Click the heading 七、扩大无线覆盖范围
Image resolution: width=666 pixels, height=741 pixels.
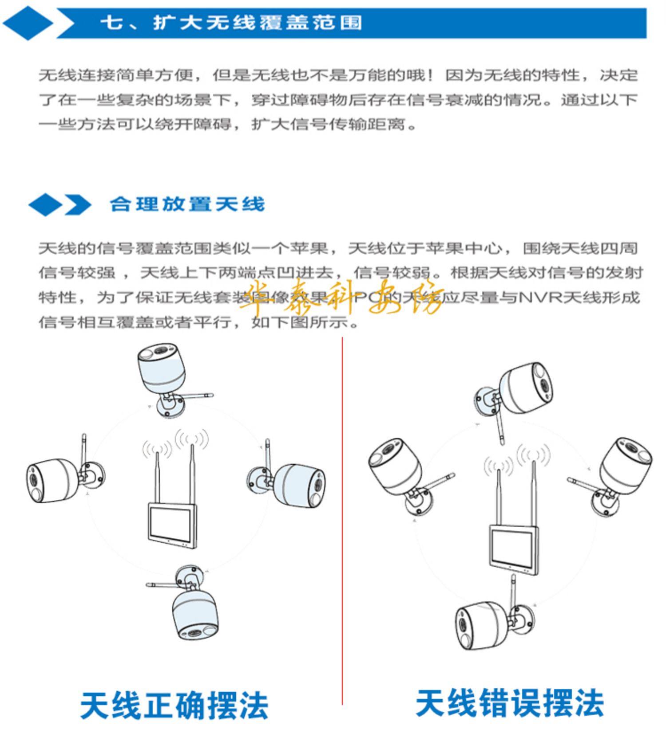231,22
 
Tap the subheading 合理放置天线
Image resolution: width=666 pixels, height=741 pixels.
187,204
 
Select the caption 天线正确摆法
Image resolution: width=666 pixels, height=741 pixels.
174,705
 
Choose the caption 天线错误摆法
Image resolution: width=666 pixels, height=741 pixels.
509,703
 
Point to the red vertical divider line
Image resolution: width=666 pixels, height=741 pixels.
342,532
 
